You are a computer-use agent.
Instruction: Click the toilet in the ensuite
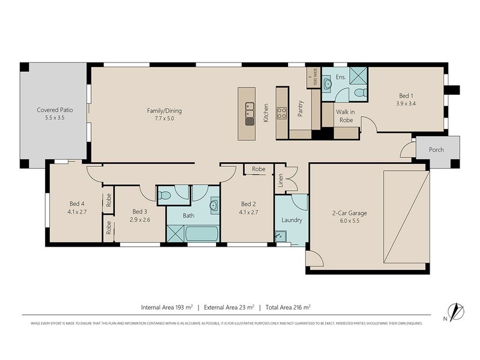[359, 92]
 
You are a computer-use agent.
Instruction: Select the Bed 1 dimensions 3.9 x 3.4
[407, 103]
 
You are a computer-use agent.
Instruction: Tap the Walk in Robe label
[344, 116]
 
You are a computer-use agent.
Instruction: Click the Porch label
[436, 149]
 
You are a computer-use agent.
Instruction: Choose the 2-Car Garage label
[349, 213]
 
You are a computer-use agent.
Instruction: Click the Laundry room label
[292, 220]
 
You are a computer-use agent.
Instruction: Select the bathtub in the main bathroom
[202, 233]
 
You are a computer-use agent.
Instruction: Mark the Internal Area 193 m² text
[167, 307]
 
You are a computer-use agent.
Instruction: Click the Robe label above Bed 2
[259, 169]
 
